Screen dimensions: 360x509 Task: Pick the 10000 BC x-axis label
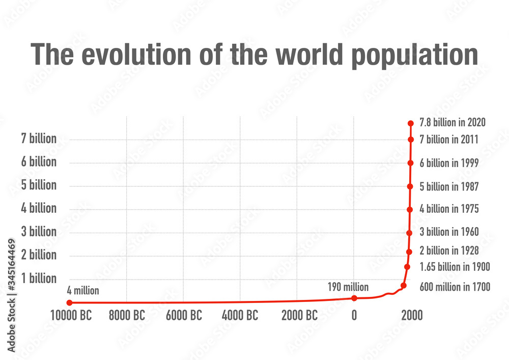point(71,315)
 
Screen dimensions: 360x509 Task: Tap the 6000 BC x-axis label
point(184,315)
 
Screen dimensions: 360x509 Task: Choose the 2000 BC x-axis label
point(299,315)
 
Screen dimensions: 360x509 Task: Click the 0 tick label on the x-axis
point(354,315)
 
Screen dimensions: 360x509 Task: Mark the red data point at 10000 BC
point(69,302)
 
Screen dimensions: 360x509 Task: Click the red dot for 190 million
point(354,298)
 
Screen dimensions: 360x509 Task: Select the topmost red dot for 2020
point(411,123)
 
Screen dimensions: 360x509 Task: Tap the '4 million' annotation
point(83,291)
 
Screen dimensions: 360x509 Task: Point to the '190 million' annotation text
point(349,287)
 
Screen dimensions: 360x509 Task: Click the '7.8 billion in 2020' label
point(453,122)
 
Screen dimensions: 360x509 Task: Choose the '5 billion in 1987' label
point(449,186)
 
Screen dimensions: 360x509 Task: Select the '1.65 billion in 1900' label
point(455,266)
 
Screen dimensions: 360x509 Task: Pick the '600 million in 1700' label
point(455,287)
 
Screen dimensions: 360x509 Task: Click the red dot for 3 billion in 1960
point(409,233)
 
